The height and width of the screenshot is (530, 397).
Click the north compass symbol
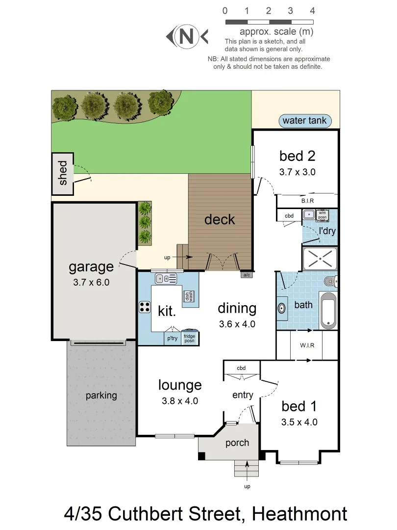pos(187,36)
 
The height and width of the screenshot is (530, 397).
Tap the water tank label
pos(304,121)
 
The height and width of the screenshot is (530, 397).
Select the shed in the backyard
pos(63,174)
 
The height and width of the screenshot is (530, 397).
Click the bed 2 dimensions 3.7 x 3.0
pos(297,172)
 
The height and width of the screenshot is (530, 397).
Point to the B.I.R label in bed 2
pos(307,201)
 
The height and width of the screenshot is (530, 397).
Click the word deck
pos(220,219)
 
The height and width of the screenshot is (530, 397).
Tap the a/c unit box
pos(246,275)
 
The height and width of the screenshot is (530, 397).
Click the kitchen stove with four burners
pos(145,308)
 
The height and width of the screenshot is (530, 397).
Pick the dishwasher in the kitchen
pos(187,297)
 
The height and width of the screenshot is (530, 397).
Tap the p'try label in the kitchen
pos(172,339)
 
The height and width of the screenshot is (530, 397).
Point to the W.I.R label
pos(307,345)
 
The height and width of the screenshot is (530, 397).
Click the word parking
pos(101,395)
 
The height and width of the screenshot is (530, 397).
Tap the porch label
pos(237,443)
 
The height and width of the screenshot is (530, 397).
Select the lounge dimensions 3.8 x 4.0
pos(180,401)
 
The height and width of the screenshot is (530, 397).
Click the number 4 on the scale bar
pos(312,11)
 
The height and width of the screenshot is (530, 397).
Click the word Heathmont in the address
pos(299,514)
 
